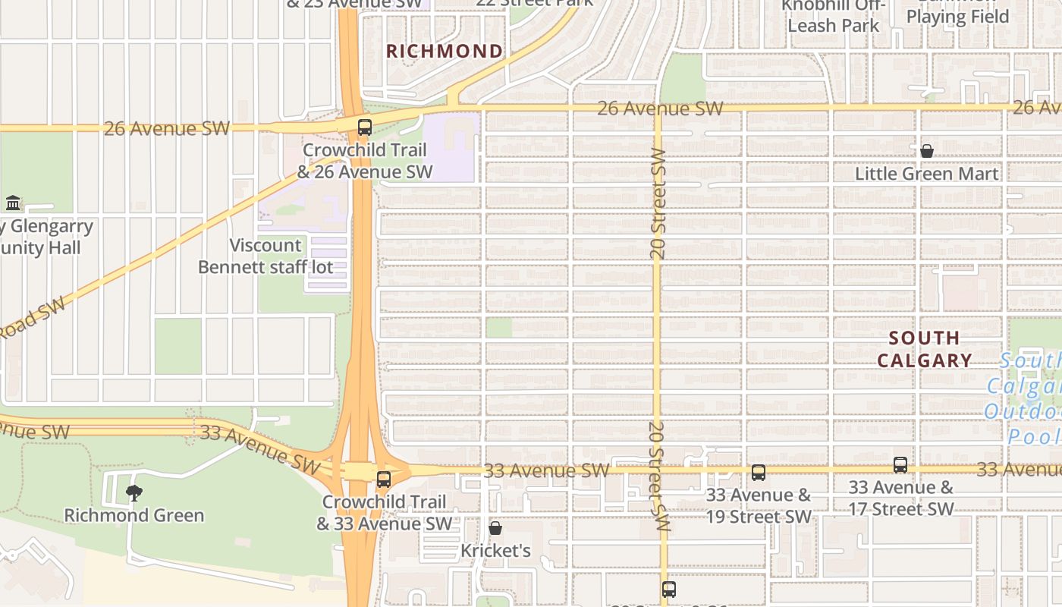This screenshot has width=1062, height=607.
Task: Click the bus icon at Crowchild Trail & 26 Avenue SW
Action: (x=365, y=127)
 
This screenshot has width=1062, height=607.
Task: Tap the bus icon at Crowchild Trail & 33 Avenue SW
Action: (x=384, y=480)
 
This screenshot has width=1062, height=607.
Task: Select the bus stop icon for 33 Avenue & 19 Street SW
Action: (x=758, y=473)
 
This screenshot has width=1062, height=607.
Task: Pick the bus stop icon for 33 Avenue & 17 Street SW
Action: (x=900, y=465)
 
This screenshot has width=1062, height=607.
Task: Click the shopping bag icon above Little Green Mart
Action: (x=926, y=152)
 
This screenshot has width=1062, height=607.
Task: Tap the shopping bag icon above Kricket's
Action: (x=495, y=528)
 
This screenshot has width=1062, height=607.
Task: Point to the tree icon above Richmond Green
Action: (x=134, y=493)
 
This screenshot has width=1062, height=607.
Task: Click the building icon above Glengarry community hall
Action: (x=13, y=203)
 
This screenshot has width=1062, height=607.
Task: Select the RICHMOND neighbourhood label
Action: (x=445, y=52)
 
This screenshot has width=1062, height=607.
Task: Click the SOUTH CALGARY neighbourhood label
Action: (x=924, y=349)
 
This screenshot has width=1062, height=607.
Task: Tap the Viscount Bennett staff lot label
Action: (x=265, y=256)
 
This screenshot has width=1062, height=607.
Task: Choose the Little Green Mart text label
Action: (x=926, y=174)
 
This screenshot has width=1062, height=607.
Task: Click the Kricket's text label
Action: (x=495, y=550)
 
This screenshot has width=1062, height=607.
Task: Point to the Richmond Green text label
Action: (x=134, y=515)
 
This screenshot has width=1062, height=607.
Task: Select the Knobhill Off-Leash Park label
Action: (x=833, y=15)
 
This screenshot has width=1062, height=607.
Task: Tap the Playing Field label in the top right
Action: (x=957, y=17)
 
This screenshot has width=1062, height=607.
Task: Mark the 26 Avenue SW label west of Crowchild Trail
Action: (x=166, y=128)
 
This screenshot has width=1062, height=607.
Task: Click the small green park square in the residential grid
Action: (x=498, y=328)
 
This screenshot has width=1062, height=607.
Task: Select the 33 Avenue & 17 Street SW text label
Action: (x=900, y=498)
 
